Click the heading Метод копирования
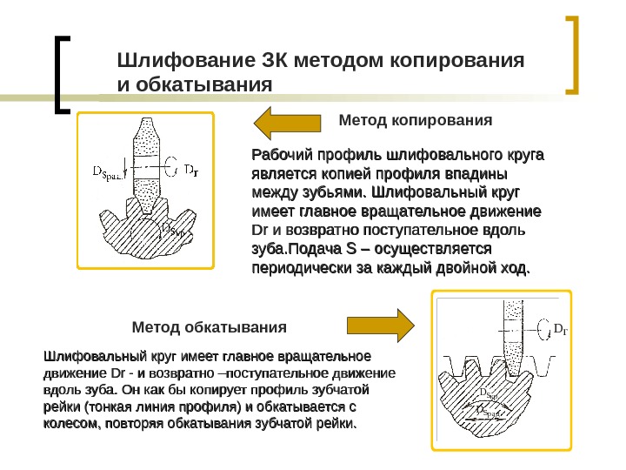(408, 118)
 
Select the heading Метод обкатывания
(209, 328)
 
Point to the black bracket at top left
(62, 74)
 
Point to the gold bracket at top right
(573, 54)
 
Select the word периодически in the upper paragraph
(303, 269)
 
